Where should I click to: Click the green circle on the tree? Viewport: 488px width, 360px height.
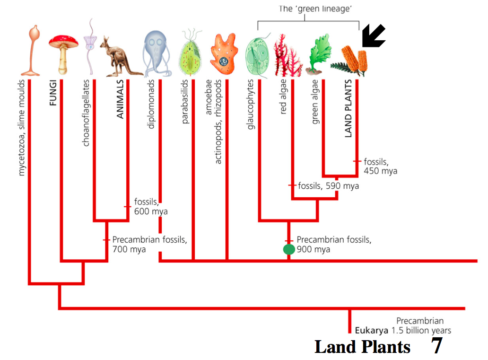(x=288, y=249)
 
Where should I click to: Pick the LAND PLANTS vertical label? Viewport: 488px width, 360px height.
(x=349, y=108)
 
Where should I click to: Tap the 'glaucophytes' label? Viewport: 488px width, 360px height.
(x=251, y=104)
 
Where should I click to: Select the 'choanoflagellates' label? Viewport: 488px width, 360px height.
(x=86, y=113)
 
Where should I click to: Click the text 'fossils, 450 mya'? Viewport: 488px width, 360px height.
(x=380, y=166)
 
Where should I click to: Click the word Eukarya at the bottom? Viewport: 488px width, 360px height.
(x=368, y=331)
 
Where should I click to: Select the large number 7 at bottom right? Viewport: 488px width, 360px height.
(x=436, y=346)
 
